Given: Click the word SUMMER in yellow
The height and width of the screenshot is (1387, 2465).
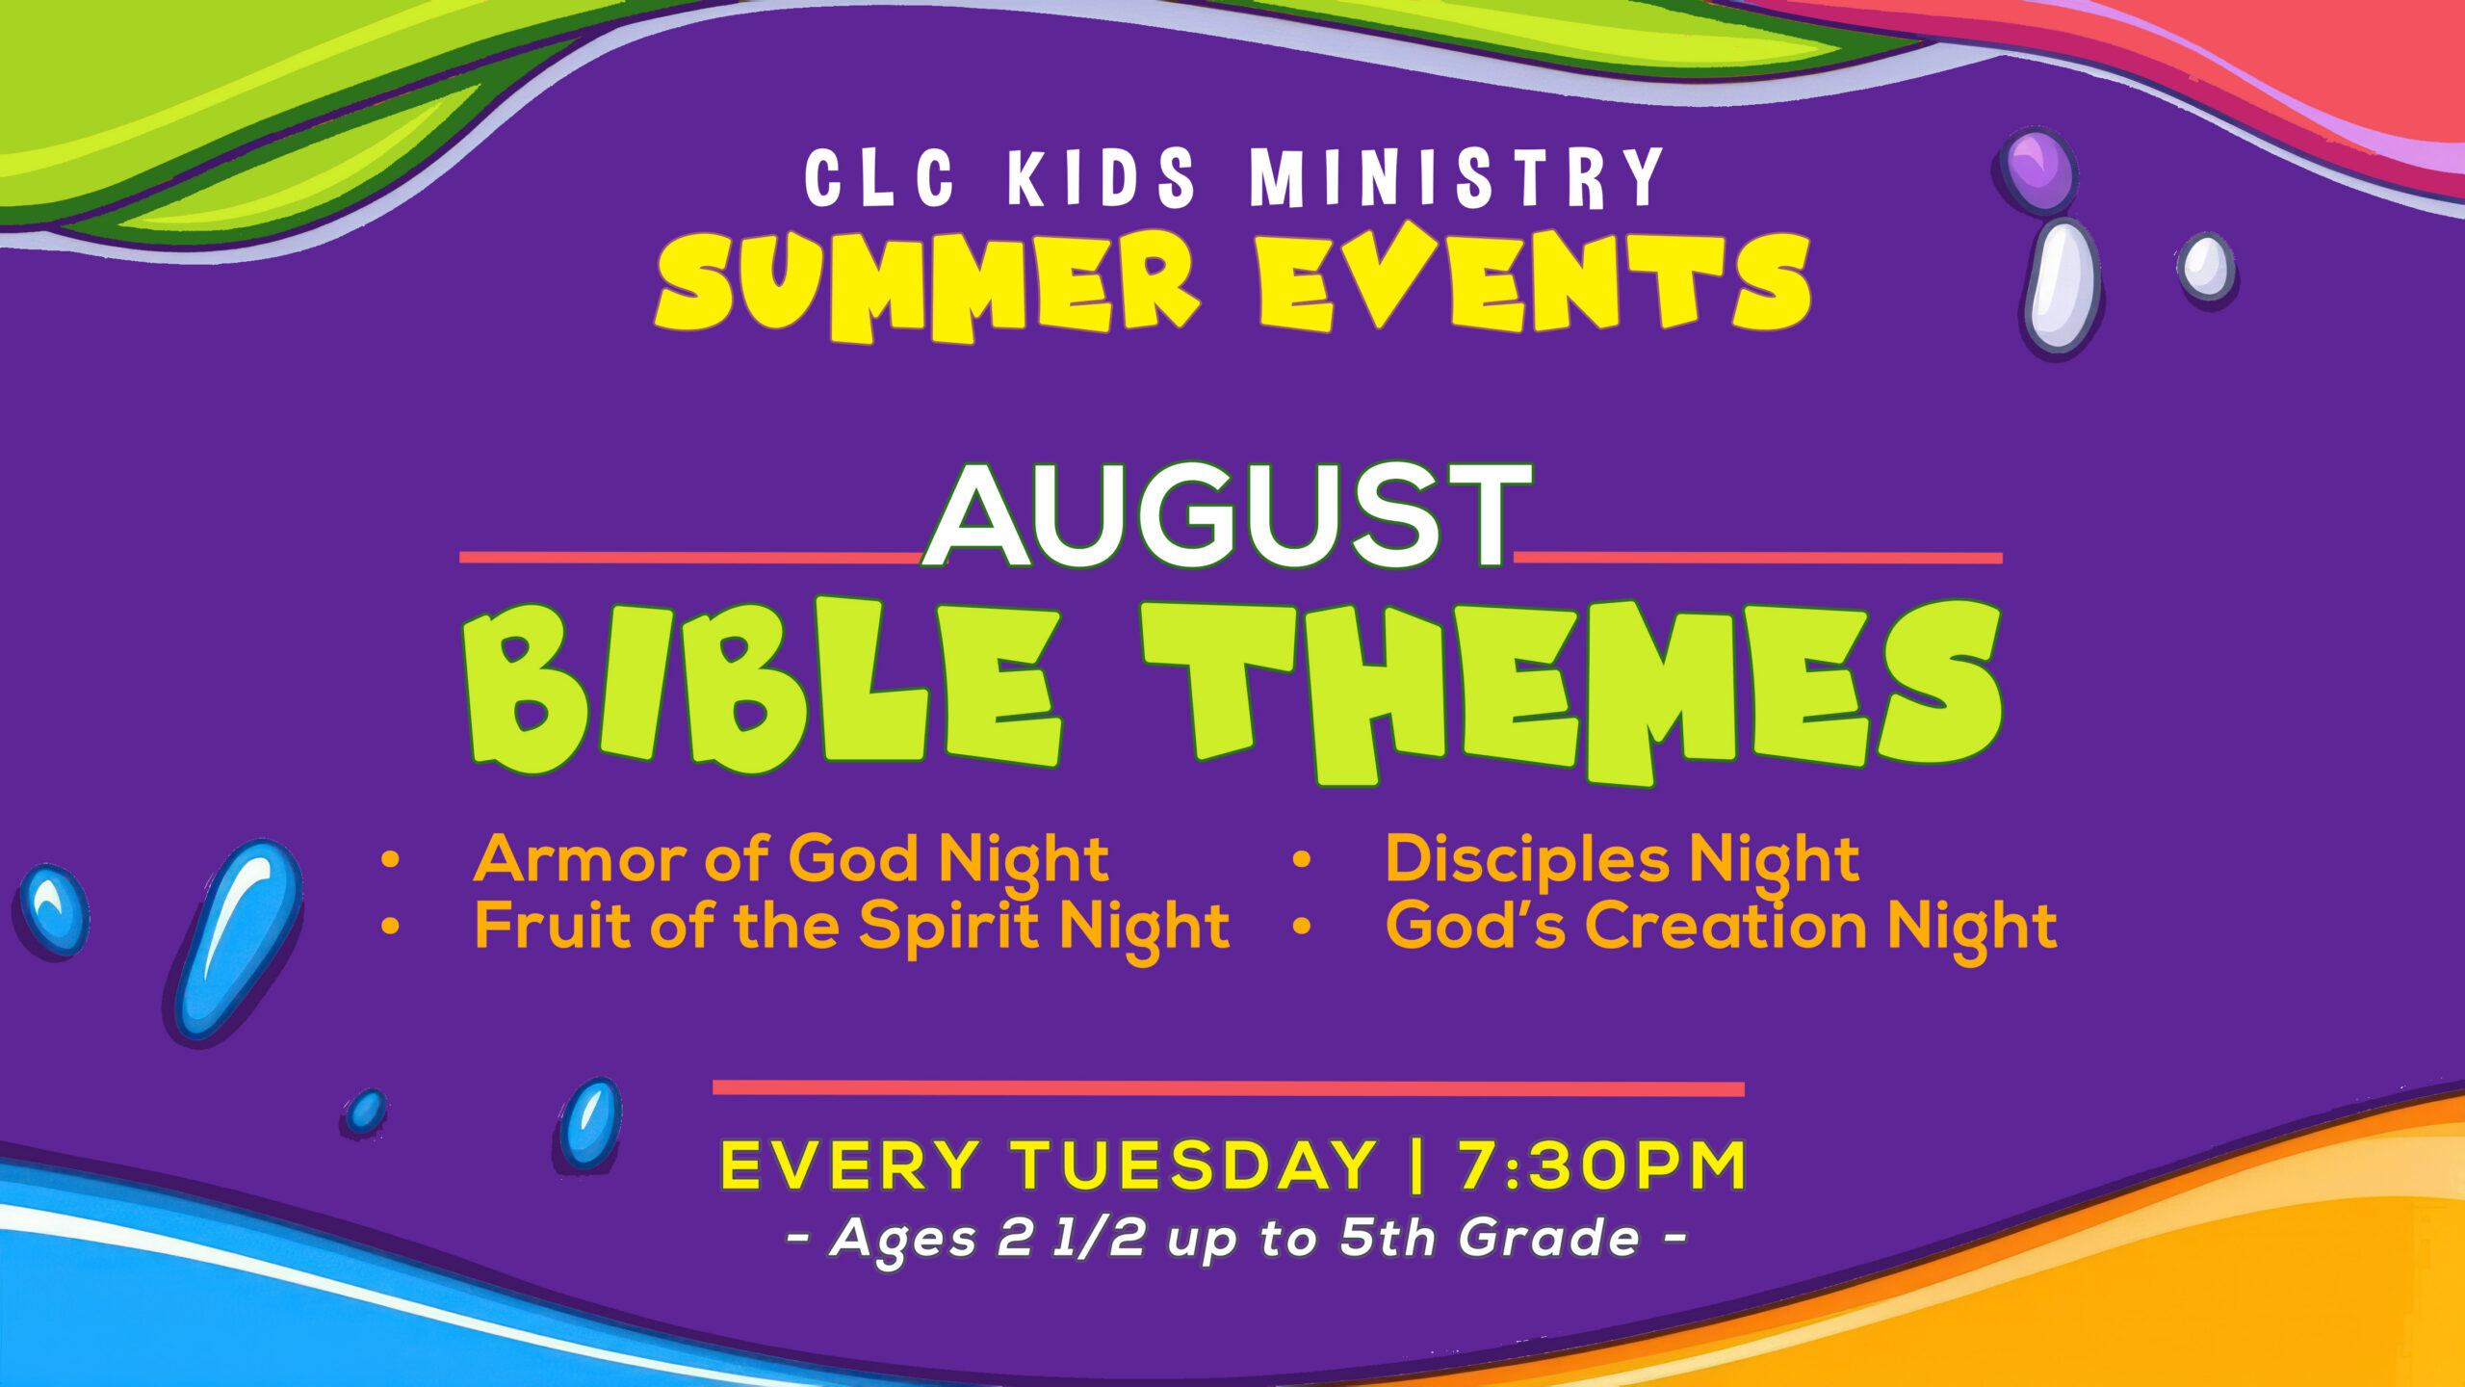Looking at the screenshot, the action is (928, 285).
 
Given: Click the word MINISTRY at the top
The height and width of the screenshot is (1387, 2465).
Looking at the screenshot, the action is (1457, 178).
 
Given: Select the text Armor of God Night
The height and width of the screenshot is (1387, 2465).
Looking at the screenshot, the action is (791, 860).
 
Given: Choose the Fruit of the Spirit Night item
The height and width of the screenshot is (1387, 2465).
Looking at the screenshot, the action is (851, 927).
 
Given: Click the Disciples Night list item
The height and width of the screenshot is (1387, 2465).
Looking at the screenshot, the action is (1622, 860).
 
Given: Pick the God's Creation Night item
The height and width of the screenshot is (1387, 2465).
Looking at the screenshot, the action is (1721, 927).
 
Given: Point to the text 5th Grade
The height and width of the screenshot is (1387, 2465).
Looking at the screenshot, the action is (1490, 1238).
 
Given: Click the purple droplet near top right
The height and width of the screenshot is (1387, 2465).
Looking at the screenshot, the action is (2037, 170).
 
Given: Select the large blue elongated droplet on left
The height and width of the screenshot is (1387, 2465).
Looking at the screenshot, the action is (236, 940).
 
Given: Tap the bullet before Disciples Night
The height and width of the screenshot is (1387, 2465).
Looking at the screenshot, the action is (1302, 859).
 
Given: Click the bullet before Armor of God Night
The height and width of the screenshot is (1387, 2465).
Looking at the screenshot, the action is (390, 859).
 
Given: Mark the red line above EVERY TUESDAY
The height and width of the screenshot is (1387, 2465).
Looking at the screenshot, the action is (1229, 1088).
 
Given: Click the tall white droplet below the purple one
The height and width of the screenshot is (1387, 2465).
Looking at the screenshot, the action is (2062, 285).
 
